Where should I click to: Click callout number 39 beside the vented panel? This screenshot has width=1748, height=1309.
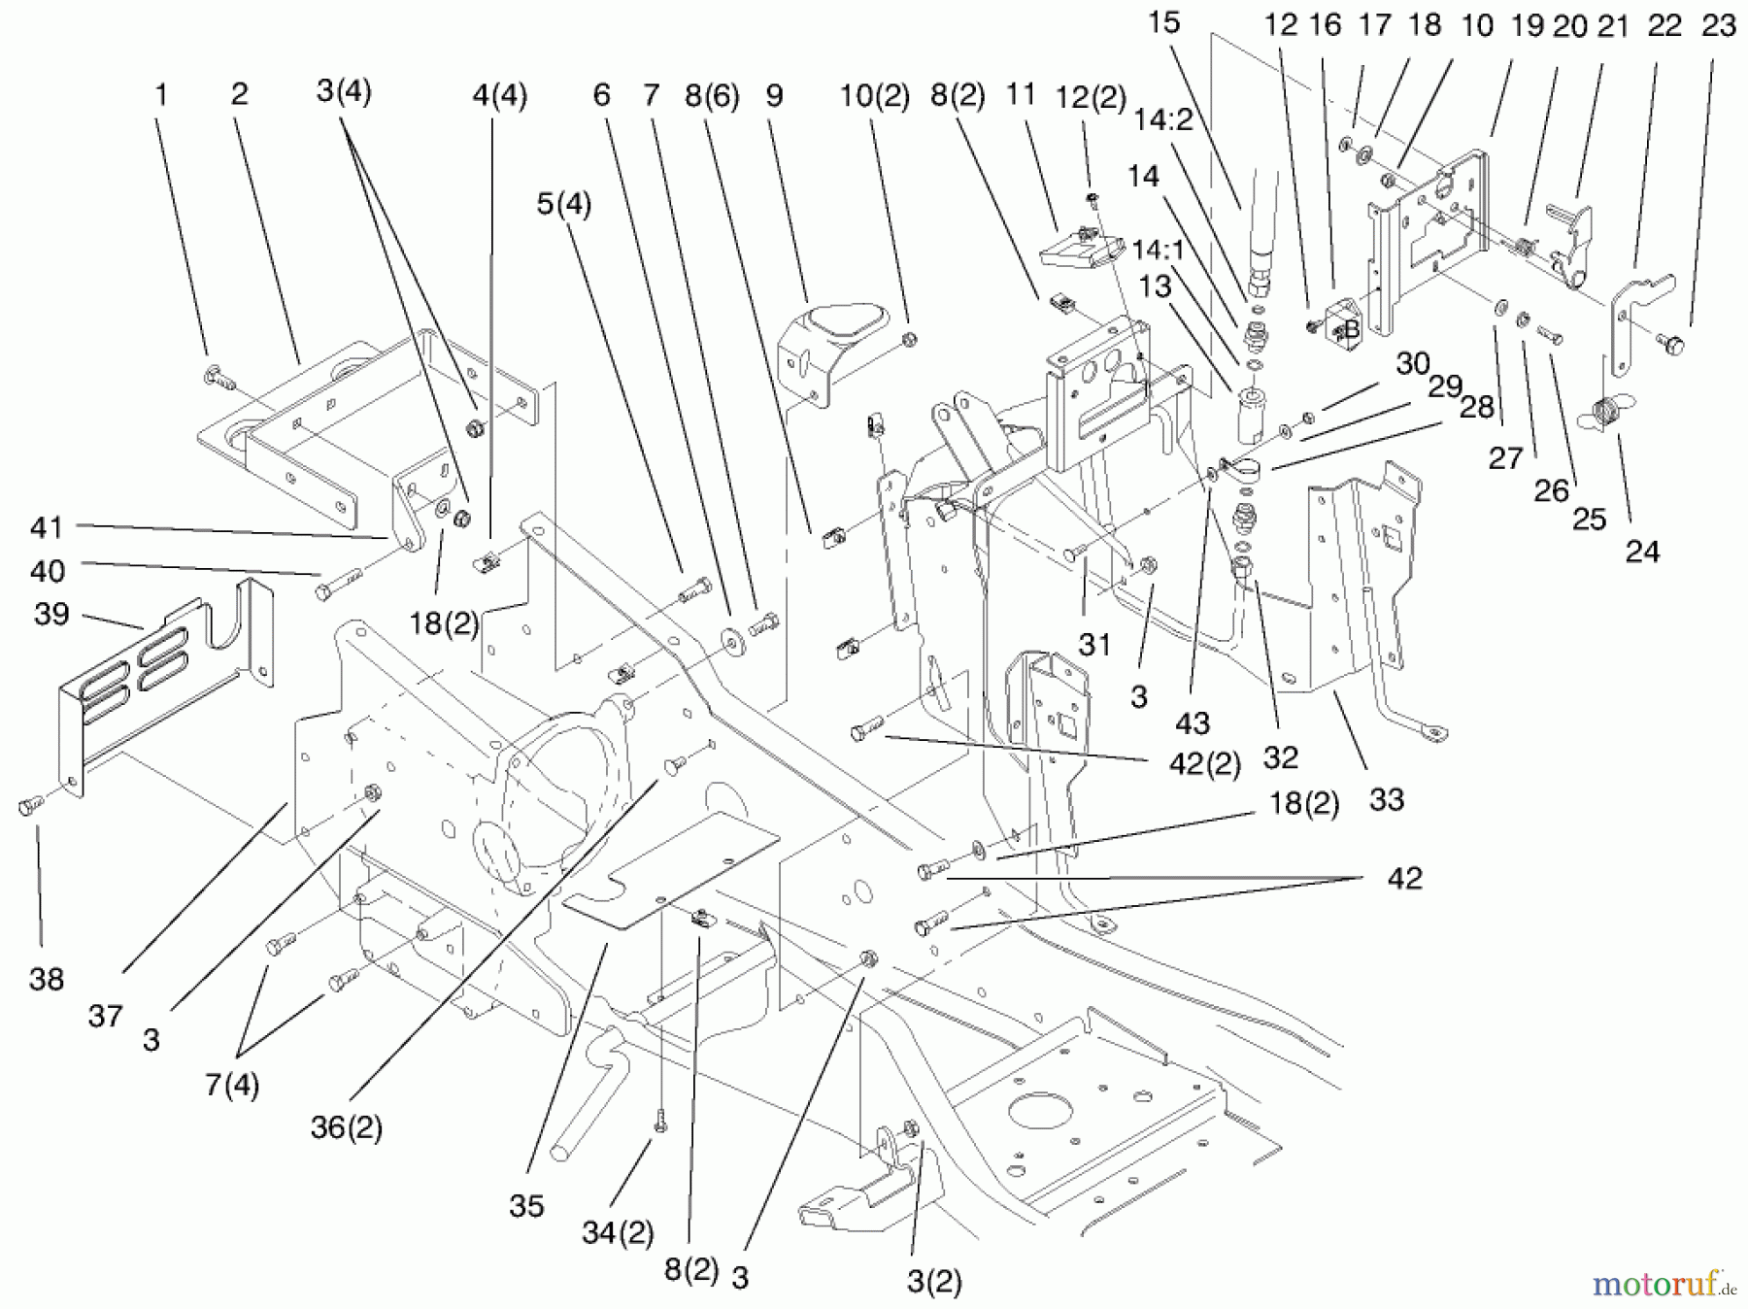51,614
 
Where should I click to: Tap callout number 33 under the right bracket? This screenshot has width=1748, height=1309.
1386,799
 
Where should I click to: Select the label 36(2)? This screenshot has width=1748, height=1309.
346,1127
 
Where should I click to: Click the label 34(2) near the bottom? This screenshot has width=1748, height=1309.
618,1233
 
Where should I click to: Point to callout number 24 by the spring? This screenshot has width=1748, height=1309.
1642,552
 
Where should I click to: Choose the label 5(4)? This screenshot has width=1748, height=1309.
563,205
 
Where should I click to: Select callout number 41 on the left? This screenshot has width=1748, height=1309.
47,527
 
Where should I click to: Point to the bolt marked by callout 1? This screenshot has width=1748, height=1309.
216,375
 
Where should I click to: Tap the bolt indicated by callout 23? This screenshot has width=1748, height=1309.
1674,342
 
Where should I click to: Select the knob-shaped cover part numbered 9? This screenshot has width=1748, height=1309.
837,335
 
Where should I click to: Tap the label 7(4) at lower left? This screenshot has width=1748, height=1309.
231,1085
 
